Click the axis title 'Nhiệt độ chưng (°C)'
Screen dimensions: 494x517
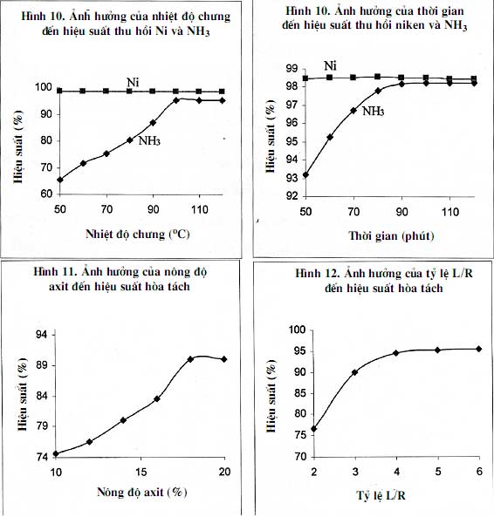pyautogui.click(x=138, y=235)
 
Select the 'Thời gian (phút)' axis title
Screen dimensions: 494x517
pyautogui.click(x=391, y=235)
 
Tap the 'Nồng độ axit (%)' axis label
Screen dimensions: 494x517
pyautogui.click(x=142, y=493)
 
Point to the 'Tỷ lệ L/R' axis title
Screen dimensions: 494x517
pyautogui.click(x=381, y=495)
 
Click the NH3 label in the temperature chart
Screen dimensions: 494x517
pyautogui.click(x=149, y=141)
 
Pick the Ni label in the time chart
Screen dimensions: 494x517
pyautogui.click(x=330, y=66)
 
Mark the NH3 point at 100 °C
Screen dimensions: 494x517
pyautogui.click(x=176, y=100)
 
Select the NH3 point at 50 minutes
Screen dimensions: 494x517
pyautogui.click(x=305, y=174)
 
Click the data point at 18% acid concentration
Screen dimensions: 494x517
pyautogui.click(x=190, y=359)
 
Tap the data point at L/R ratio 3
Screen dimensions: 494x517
pyautogui.click(x=355, y=372)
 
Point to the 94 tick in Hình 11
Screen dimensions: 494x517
pyautogui.click(x=42, y=335)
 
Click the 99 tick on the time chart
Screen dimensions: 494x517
pyautogui.click(x=292, y=69)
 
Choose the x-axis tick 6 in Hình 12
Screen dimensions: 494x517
pyautogui.click(x=479, y=472)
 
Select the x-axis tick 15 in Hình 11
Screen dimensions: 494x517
pyautogui.click(x=141, y=473)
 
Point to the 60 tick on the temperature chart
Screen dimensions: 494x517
pyautogui.click(x=46, y=194)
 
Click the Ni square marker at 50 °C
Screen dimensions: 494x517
pyautogui.click(x=59, y=91)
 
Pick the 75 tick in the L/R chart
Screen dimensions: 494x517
pyautogui.click(x=300, y=435)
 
